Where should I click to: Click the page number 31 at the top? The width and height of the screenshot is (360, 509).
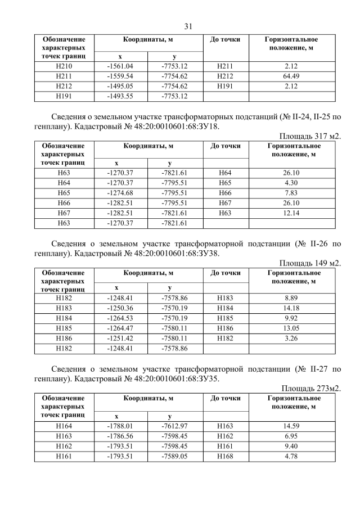coord(188,26)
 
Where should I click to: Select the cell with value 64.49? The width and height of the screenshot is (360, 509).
coord(291,76)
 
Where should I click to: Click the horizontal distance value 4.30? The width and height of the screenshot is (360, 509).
coord(291,183)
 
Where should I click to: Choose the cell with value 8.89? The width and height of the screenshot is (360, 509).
coord(291,298)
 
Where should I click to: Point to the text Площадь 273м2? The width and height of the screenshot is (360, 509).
coord(311,389)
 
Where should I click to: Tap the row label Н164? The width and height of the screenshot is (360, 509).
coord(64,426)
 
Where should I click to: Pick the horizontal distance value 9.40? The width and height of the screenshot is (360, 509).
coord(291,447)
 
